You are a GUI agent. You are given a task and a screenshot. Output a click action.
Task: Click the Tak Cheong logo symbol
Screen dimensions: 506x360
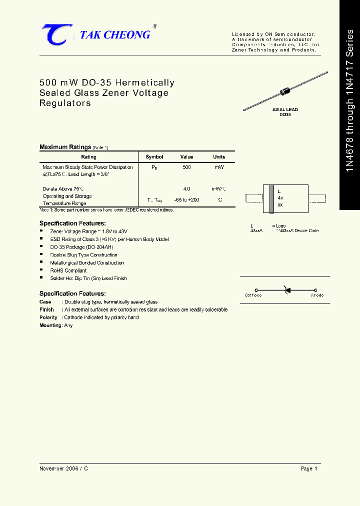click(x=56, y=34)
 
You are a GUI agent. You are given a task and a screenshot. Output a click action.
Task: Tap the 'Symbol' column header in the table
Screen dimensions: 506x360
click(x=154, y=157)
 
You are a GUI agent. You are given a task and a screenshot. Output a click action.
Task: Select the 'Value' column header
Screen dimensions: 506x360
click(x=186, y=157)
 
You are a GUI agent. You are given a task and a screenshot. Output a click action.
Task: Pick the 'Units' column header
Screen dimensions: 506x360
click(x=219, y=157)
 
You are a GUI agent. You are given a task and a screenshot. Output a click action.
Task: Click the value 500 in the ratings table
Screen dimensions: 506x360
click(x=186, y=167)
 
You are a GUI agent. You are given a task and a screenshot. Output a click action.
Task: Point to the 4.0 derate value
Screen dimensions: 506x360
click(x=186, y=189)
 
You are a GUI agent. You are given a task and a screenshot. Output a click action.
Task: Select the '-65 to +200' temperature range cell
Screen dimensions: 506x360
click(x=186, y=200)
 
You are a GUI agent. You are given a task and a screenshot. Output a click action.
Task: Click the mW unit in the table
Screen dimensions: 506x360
click(x=219, y=167)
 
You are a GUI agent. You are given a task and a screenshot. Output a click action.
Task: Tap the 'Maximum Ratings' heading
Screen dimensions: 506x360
click(x=65, y=147)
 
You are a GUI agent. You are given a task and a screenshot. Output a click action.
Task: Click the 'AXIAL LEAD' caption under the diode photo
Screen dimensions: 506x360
click(x=285, y=109)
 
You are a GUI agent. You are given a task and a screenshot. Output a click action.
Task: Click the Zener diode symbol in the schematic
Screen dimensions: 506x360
click(x=286, y=290)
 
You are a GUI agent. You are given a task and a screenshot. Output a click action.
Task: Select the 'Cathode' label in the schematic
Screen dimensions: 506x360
click(x=253, y=295)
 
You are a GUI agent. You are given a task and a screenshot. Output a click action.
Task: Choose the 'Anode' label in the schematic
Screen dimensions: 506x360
click(x=317, y=295)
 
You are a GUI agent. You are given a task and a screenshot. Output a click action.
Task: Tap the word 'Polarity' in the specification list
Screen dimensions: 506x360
click(x=48, y=317)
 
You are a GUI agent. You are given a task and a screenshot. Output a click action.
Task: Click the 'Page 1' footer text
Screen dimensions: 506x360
click(x=309, y=468)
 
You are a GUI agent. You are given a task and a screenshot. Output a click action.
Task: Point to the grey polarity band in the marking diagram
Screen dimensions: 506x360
click(x=271, y=198)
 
